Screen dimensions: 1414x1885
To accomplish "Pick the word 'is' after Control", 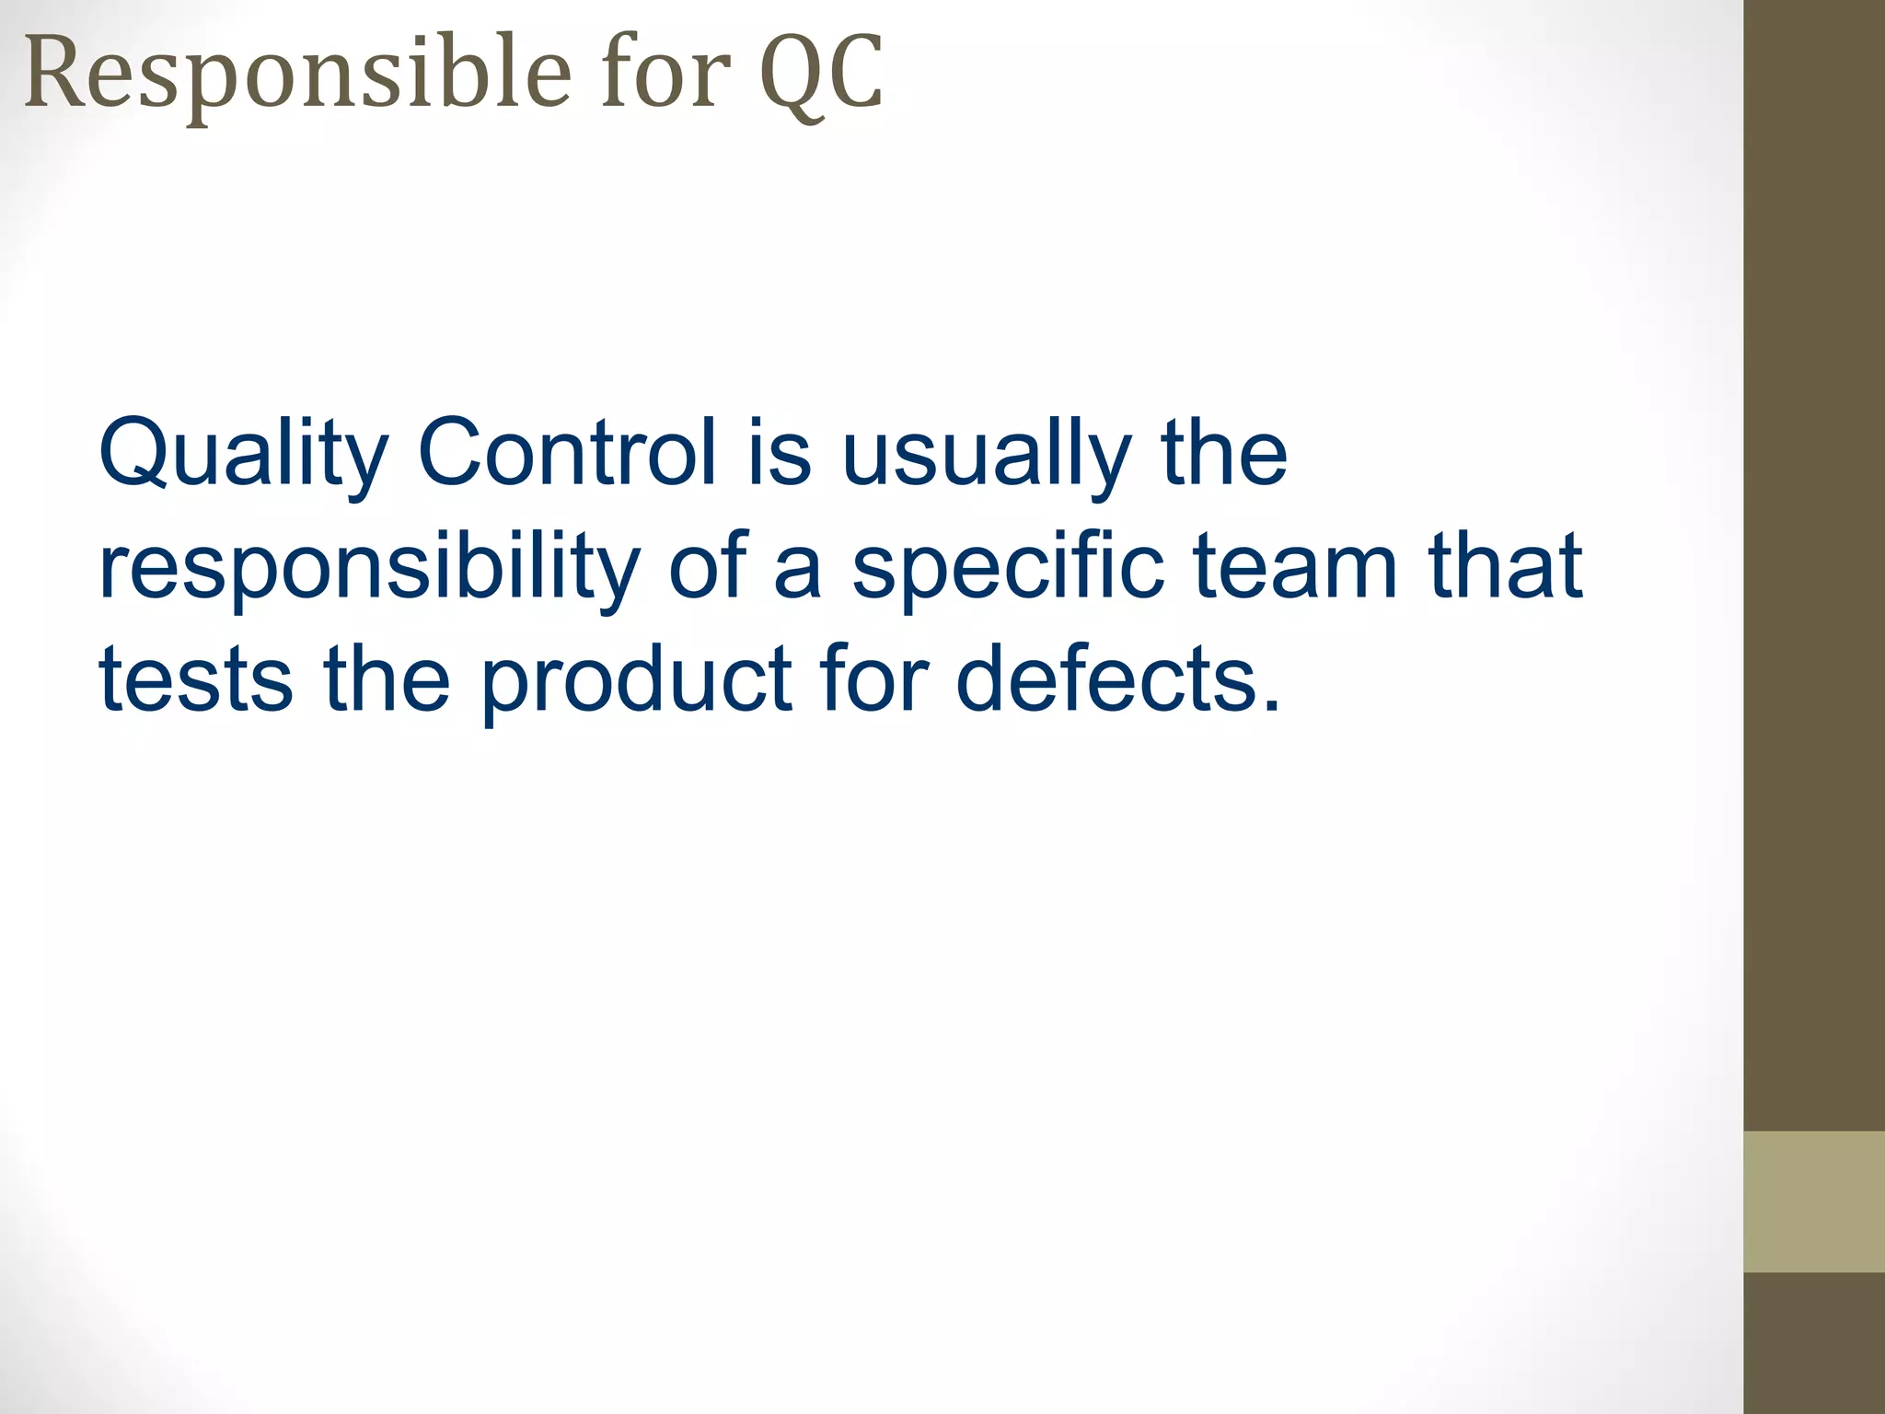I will coord(779,453).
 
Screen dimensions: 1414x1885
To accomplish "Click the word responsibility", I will coord(369,567).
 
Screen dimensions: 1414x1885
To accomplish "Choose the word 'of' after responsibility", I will coord(708,565).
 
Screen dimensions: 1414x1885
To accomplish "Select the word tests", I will coord(196,679).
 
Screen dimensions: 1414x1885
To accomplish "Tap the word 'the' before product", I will coord(387,679).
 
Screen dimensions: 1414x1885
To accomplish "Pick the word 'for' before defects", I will coord(874,679).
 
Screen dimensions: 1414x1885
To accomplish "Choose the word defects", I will coord(1118,679).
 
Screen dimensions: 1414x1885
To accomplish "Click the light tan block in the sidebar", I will coord(1814,1201).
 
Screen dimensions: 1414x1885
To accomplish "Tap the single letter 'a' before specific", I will coord(797,567).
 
